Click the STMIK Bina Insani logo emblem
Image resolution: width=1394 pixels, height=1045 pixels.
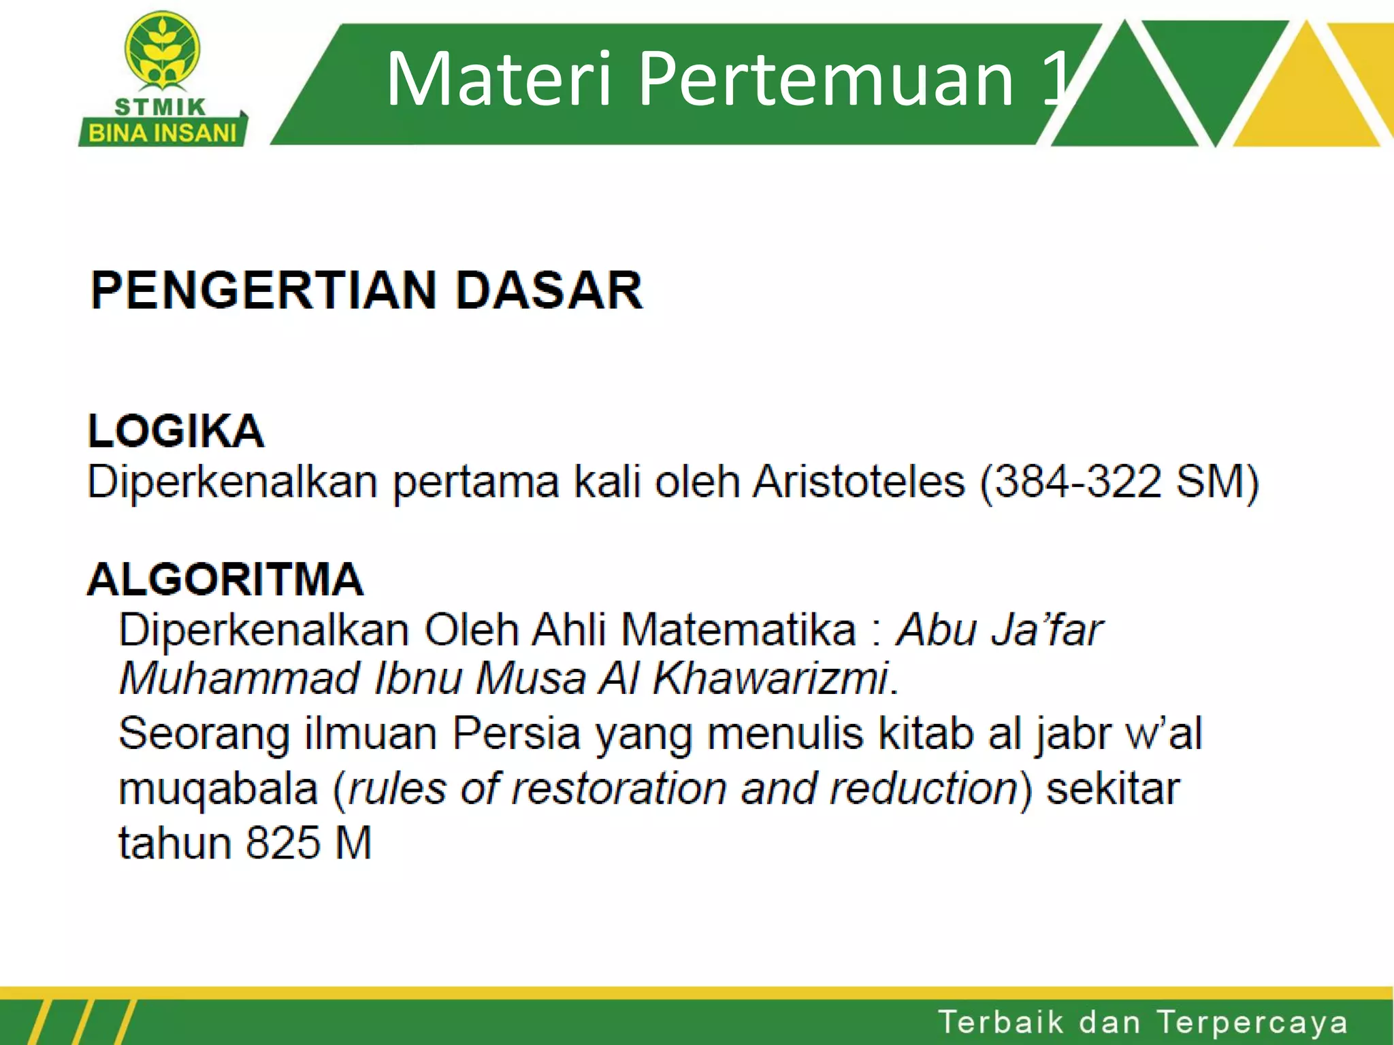162,50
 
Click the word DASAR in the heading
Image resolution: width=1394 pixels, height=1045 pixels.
549,291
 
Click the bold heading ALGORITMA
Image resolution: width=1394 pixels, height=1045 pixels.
225,580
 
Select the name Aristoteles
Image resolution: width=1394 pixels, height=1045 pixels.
859,482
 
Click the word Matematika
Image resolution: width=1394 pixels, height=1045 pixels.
739,629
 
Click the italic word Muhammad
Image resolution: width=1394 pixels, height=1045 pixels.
239,678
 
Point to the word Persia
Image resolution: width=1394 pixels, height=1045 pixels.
516,733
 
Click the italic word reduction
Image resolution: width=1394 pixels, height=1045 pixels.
924,789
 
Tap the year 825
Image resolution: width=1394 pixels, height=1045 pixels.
282,843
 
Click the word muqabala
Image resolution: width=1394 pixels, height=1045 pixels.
218,790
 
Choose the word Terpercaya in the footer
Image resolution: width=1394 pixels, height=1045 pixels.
1252,1023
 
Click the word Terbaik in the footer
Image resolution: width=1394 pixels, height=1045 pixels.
1001,1023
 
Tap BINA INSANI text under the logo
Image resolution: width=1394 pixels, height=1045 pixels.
163,133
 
